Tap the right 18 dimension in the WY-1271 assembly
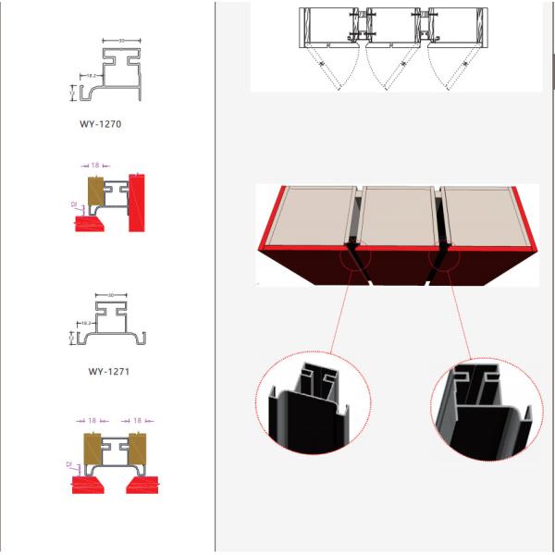[x=137, y=420]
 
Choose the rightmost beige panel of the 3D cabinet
[x=481, y=216]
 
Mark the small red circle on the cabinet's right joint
[x=444, y=254]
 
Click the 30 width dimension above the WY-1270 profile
[x=122, y=41]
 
